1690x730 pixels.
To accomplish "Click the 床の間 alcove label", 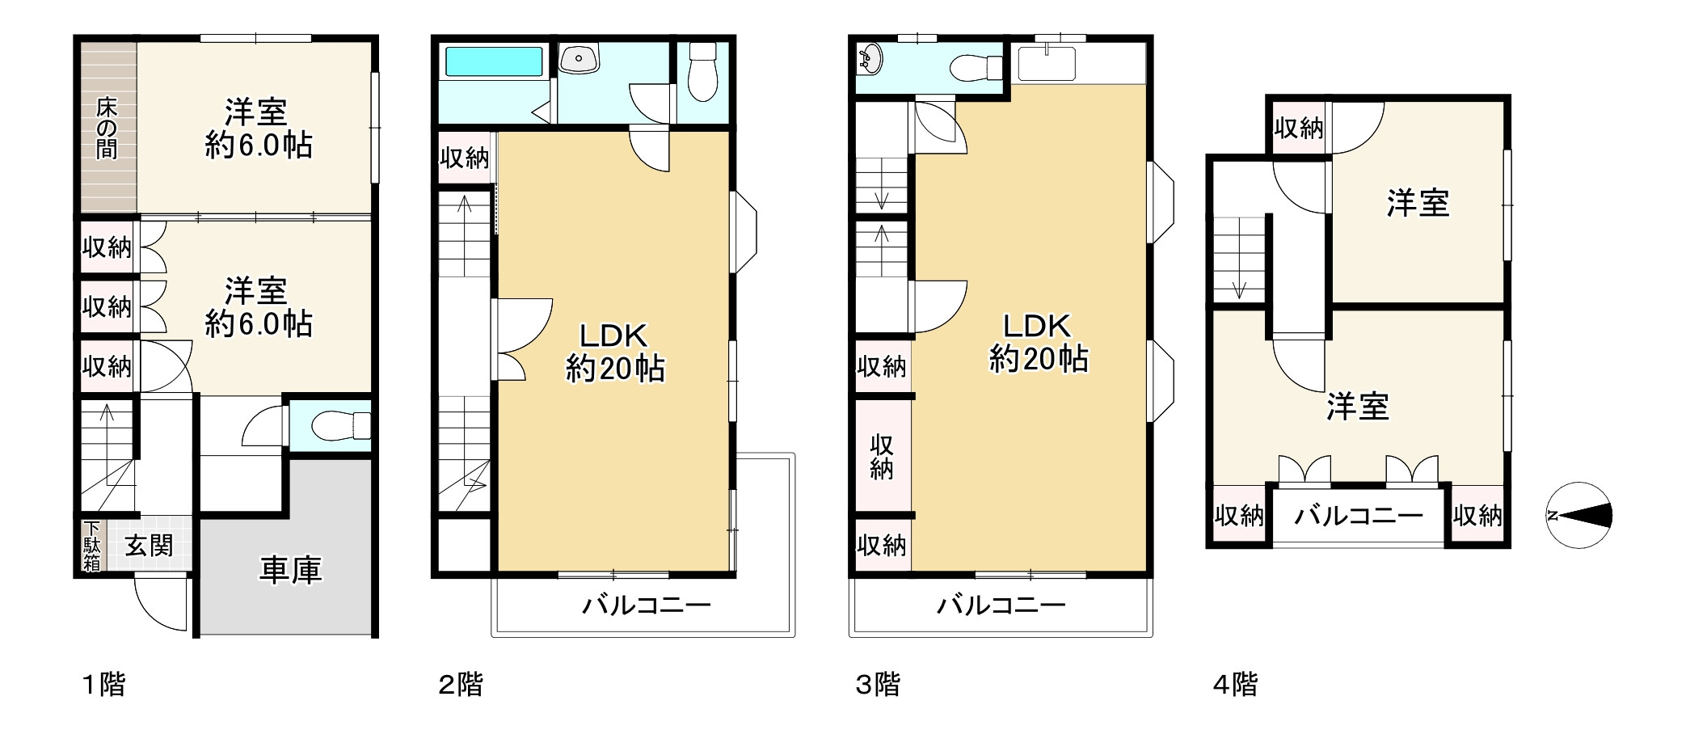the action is [x=107, y=128].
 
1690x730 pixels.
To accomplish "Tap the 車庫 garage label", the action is [x=290, y=570].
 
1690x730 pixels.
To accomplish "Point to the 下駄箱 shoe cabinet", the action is [x=91, y=545].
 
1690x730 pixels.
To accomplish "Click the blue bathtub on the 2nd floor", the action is [x=494, y=61].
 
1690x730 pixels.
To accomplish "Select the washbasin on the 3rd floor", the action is [x=870, y=59].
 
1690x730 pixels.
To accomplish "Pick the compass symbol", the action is [x=1579, y=515].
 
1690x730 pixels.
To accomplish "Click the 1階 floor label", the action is [x=104, y=685].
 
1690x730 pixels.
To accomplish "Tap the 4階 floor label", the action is [x=1236, y=685].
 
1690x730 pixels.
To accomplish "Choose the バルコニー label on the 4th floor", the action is [x=1359, y=515].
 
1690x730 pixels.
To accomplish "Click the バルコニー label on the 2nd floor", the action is [x=647, y=605].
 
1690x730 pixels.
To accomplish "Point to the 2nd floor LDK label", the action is [x=614, y=352].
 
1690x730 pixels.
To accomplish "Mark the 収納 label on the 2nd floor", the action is [x=465, y=158].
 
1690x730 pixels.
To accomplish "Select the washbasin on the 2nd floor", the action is [x=579, y=58].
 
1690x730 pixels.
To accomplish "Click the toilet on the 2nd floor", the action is [x=702, y=71].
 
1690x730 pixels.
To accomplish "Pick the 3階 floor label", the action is [x=878, y=685].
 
